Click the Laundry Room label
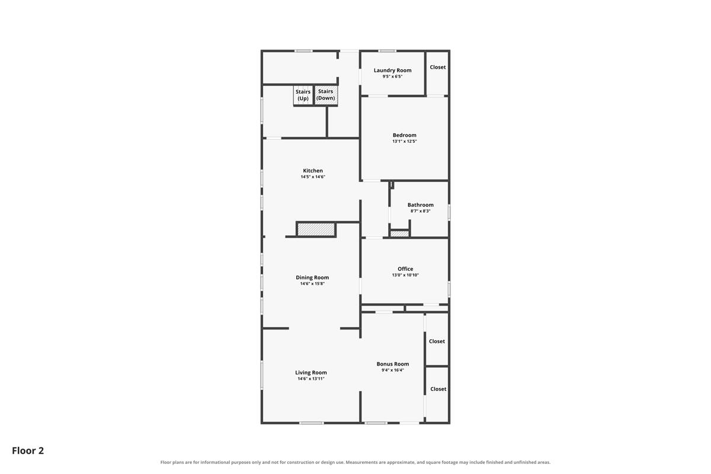point(392,70)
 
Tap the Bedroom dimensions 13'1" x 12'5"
point(404,141)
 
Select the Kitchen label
point(313,171)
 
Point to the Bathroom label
point(420,205)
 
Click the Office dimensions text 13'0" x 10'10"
point(405,275)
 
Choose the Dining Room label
point(312,277)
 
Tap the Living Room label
point(310,373)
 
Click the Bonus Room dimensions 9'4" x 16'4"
point(393,370)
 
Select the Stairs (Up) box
point(303,95)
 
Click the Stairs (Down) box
point(326,95)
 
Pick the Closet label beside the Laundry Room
point(438,67)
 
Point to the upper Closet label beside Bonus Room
point(437,341)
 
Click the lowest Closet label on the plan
point(438,389)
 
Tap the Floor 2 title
point(28,450)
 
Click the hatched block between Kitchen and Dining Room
point(316,229)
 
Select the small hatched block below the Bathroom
point(399,233)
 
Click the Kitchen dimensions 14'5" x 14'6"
point(313,177)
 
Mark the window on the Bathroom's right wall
point(449,212)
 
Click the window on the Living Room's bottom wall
point(312,423)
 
